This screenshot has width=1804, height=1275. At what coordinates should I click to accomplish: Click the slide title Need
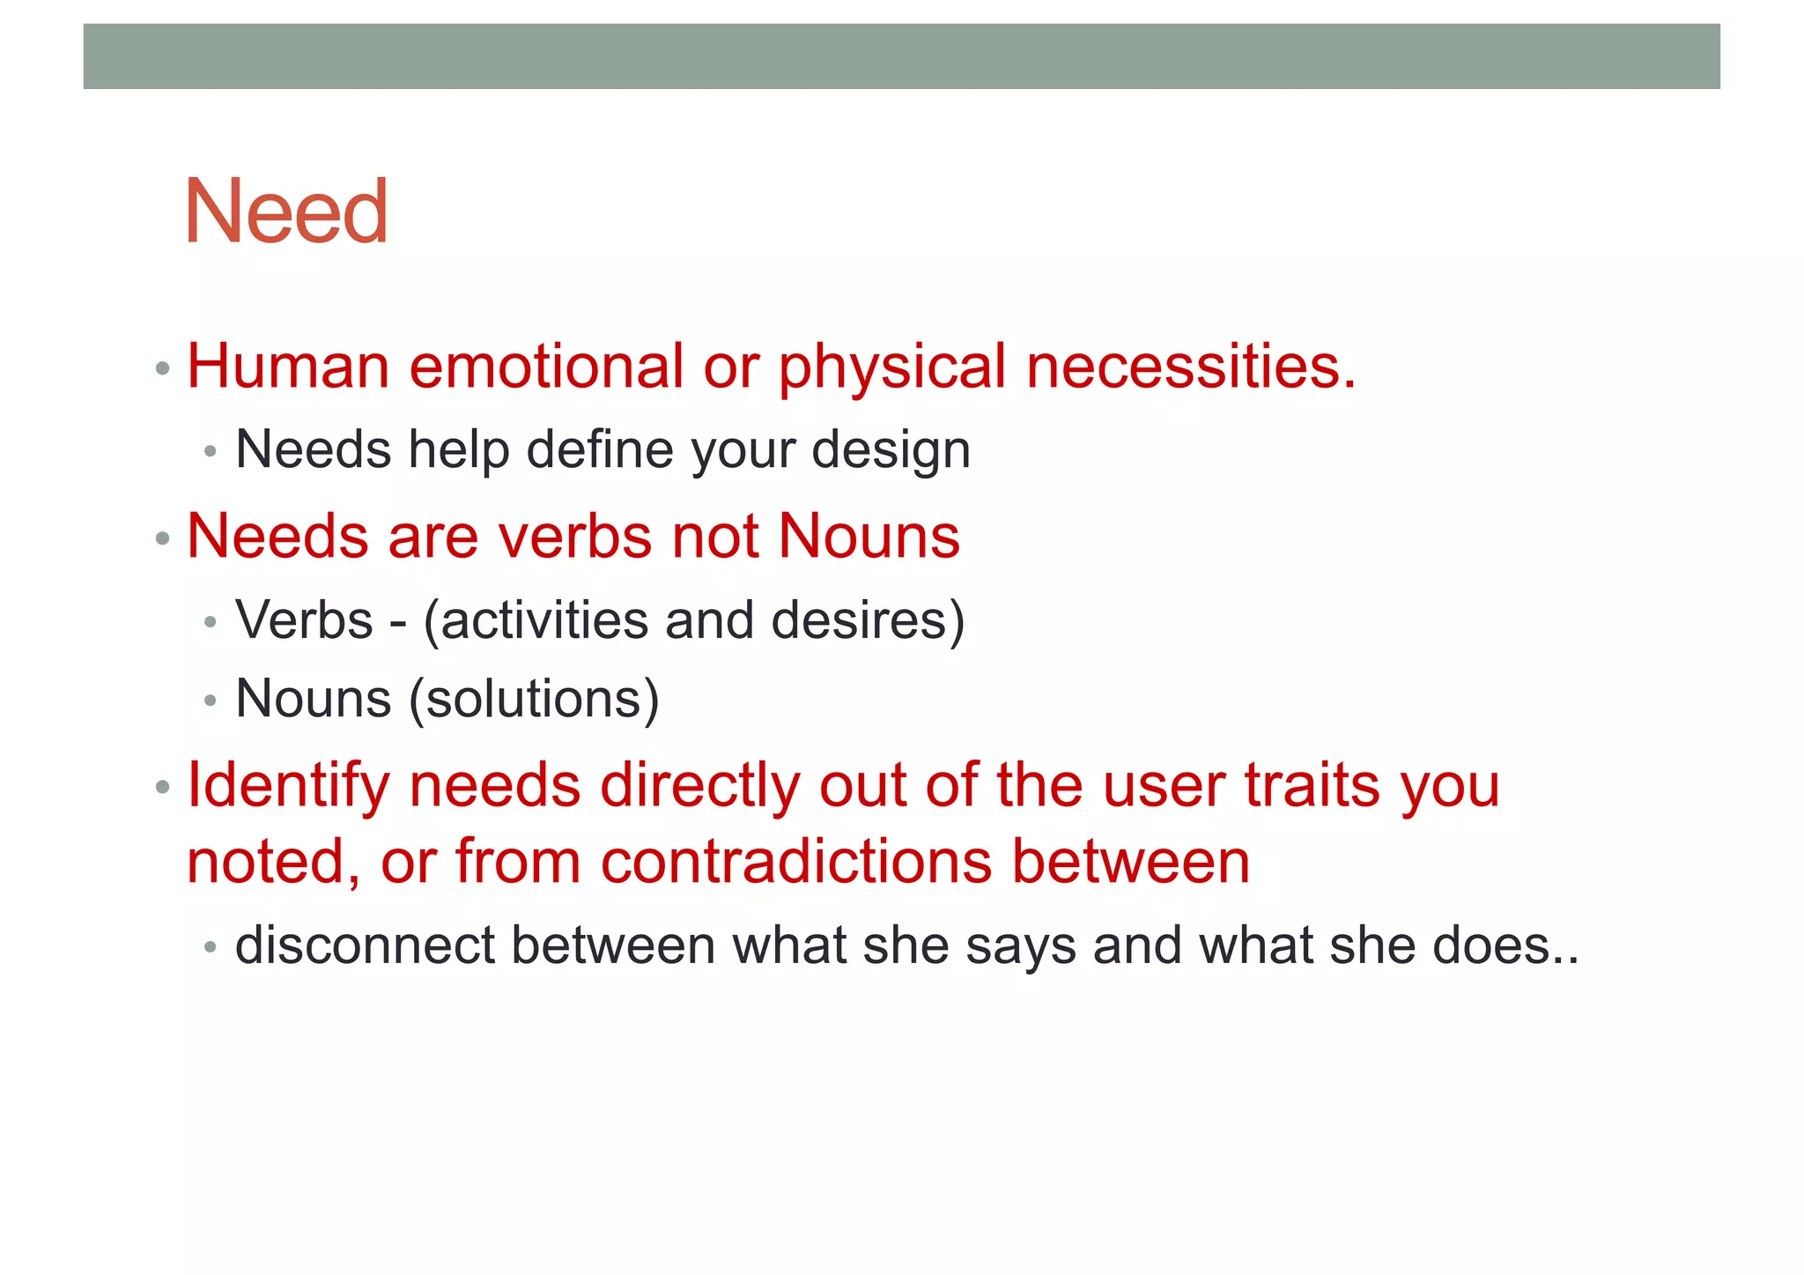(285, 211)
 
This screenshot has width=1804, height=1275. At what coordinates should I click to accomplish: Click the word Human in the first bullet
(288, 366)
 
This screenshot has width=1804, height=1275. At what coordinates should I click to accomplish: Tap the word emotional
(546, 366)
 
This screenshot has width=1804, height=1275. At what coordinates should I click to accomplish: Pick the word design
(891, 451)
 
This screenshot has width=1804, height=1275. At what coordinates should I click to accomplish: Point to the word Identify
(288, 785)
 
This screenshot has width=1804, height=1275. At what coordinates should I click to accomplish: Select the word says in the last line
(1020, 946)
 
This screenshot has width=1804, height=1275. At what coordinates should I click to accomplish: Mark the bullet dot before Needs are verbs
(162, 538)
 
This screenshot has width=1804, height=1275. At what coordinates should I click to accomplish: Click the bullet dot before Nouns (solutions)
(210, 701)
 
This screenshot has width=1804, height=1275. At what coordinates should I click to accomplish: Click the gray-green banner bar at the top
(901, 56)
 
